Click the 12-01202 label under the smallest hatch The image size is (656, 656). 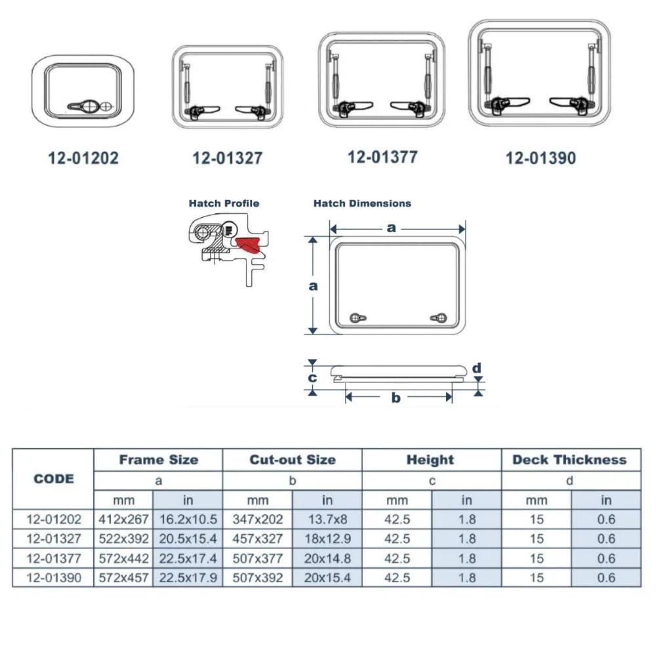[x=83, y=158]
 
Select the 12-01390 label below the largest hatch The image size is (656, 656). [x=541, y=158]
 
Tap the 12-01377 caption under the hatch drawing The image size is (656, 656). [x=382, y=157]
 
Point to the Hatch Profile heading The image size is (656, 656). [x=224, y=203]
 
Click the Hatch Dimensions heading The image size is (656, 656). [x=362, y=203]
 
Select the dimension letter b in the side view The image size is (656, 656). [x=396, y=398]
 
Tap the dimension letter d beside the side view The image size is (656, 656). [x=477, y=367]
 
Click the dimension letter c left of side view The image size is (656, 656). [x=313, y=378]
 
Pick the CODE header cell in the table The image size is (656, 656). [x=54, y=478]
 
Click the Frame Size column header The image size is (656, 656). [x=158, y=460]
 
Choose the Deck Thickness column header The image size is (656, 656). [x=569, y=460]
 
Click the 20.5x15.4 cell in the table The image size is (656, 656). [x=188, y=539]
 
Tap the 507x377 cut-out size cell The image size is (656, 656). [x=258, y=559]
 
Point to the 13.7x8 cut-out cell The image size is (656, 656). [x=327, y=520]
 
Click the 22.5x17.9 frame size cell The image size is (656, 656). [x=188, y=579]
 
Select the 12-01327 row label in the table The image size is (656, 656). [x=54, y=539]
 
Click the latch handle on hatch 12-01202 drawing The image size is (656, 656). [x=82, y=105]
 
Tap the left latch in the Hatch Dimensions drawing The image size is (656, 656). [x=356, y=318]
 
